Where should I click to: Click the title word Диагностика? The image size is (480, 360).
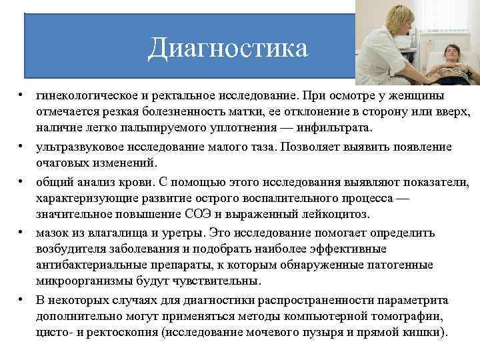click(x=229, y=47)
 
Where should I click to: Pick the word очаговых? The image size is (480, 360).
click(x=61, y=162)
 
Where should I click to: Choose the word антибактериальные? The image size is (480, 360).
click(x=87, y=265)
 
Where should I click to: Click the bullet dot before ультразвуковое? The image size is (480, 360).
click(x=22, y=147)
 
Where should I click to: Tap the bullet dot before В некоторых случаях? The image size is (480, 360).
click(x=22, y=299)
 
